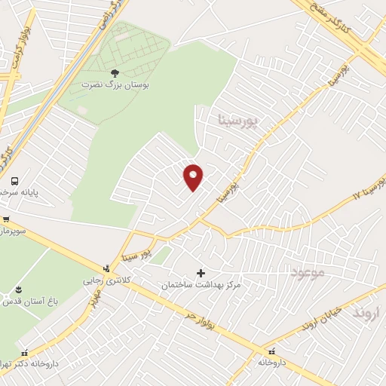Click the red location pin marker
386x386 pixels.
(x=193, y=176)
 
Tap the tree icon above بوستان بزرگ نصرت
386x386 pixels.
(x=115, y=72)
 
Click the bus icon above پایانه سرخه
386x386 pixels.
(x=14, y=180)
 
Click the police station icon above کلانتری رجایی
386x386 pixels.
(x=106, y=267)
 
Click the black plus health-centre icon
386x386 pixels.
(x=201, y=273)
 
